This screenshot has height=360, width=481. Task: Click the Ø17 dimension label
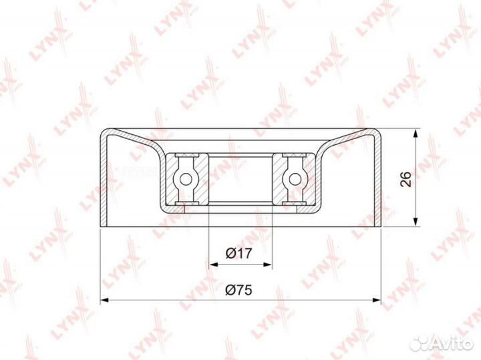pos(238,253)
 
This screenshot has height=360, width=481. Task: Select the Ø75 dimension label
pos(238,290)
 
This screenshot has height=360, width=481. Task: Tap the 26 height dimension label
pos(406,179)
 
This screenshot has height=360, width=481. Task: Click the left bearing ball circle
pos(186,179)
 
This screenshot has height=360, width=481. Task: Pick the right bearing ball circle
pos(295,179)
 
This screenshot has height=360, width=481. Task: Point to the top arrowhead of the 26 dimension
pos(416,134)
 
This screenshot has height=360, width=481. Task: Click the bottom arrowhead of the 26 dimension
pos(416,222)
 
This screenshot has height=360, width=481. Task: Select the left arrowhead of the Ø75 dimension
pos(106,300)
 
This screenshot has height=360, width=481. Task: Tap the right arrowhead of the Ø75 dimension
pos(376,300)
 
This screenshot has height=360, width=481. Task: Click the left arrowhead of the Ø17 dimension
pos(213,264)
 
